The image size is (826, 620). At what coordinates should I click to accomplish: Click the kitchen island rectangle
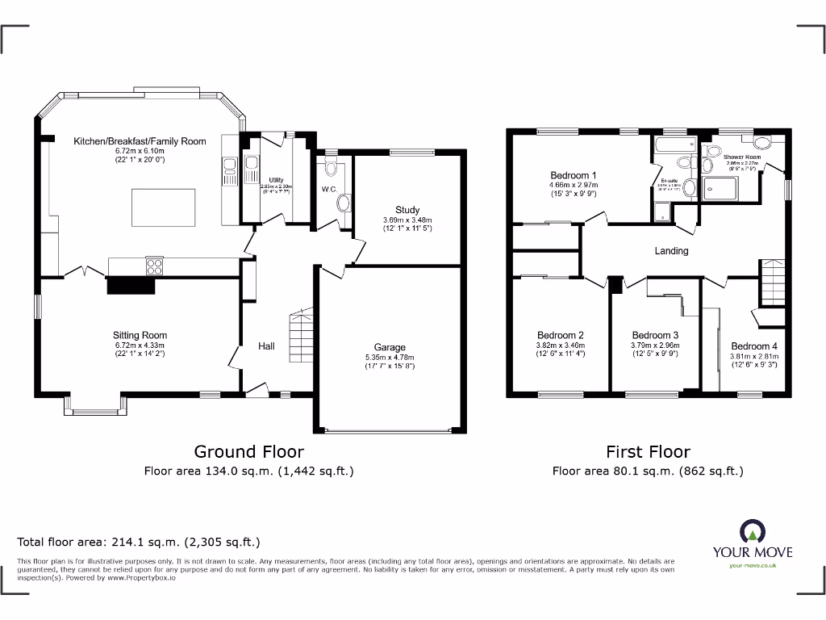click(161, 208)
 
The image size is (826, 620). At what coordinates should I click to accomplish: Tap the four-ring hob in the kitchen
click(153, 266)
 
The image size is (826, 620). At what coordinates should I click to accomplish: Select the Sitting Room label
click(140, 335)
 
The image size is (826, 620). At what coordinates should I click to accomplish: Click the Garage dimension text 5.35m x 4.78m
click(390, 358)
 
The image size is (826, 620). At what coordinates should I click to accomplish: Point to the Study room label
click(407, 210)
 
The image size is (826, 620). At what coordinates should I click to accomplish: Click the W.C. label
click(328, 190)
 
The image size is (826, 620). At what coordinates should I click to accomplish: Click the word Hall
click(266, 346)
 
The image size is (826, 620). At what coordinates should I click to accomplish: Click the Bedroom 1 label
click(574, 175)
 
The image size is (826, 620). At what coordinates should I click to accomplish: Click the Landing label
click(671, 251)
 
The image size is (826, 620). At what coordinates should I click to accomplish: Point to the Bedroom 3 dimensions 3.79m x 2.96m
click(654, 346)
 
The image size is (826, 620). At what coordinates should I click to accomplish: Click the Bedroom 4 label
click(749, 346)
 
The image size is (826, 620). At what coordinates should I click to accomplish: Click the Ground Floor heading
click(248, 452)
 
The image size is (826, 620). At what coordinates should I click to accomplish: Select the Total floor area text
click(139, 542)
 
